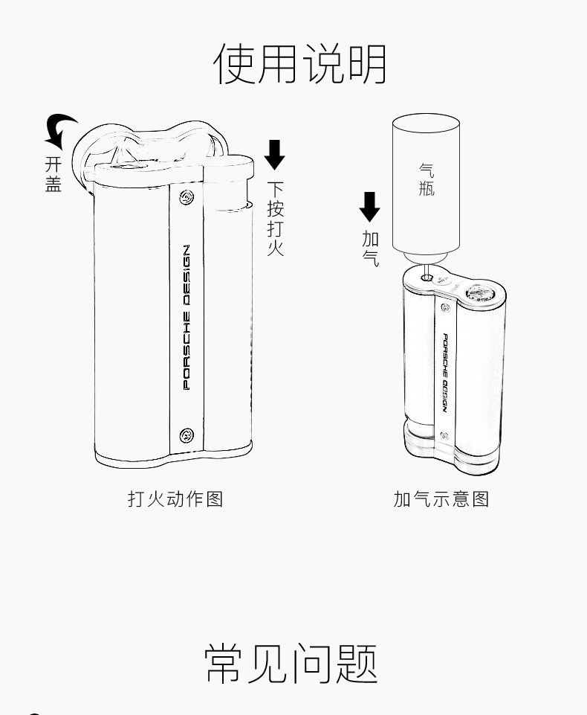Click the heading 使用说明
[299, 64]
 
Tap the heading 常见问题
[292, 663]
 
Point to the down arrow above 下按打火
[275, 153]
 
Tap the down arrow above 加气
[369, 207]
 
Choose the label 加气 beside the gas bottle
[370, 249]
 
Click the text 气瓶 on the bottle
[427, 180]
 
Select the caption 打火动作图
[175, 498]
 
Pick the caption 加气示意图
[441, 498]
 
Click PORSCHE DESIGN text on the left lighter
[187, 317]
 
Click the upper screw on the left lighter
[186, 198]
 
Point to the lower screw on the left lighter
[186, 434]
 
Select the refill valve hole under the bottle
[427, 278]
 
